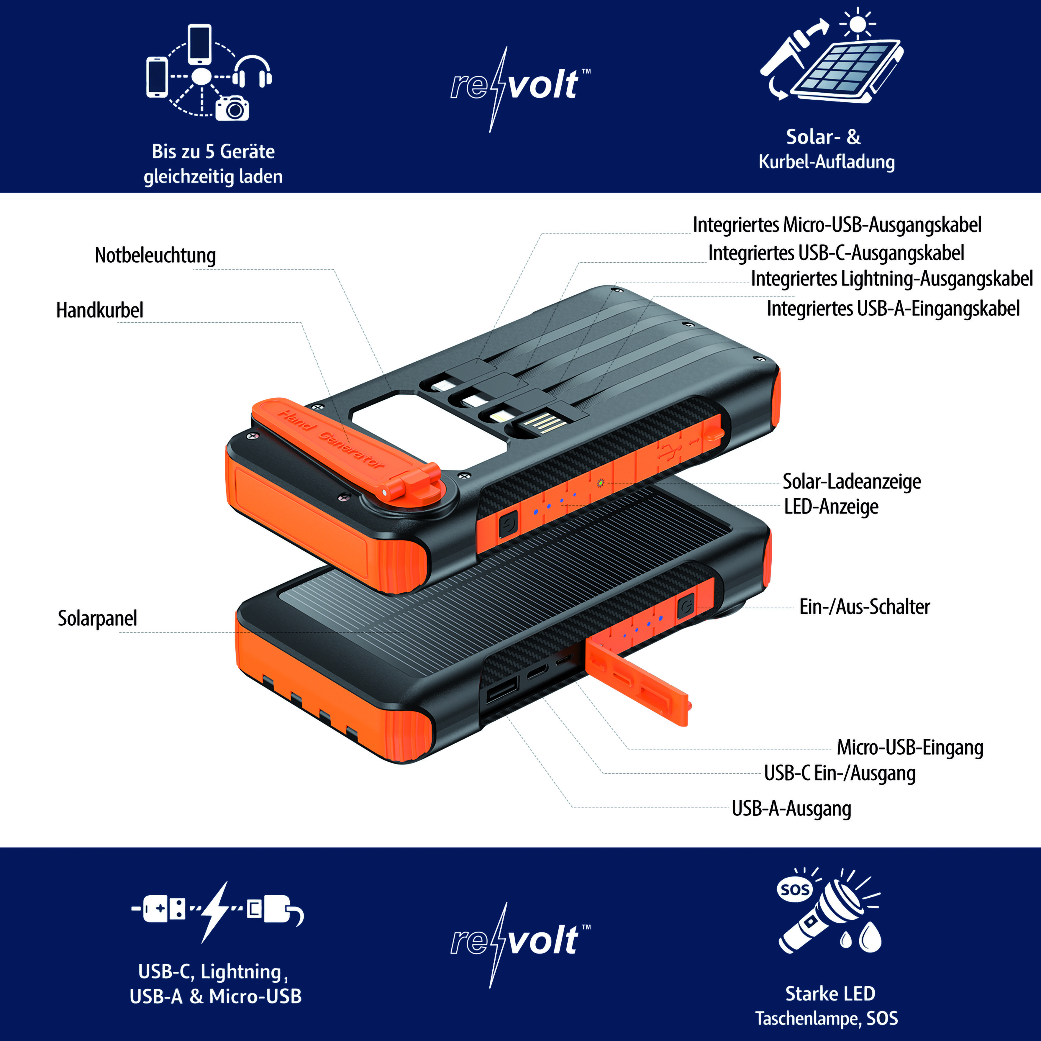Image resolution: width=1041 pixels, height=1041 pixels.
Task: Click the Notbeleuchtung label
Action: pos(155,255)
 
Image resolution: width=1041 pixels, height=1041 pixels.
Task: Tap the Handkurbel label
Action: pos(100,310)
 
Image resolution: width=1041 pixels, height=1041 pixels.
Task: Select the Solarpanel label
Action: pos(98,619)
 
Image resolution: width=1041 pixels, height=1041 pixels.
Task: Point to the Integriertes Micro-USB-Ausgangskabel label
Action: pos(837,225)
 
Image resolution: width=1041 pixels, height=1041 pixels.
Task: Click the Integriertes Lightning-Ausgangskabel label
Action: pos(892,279)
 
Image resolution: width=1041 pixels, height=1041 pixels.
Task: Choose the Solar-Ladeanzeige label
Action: pos(851,482)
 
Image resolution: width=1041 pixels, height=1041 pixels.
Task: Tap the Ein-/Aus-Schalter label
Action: pos(864,607)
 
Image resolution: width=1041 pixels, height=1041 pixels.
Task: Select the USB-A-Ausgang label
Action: pos(791,809)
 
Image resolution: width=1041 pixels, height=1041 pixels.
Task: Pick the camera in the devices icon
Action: pos(232,108)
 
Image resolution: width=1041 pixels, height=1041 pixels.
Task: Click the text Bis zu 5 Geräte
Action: pos(213,151)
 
